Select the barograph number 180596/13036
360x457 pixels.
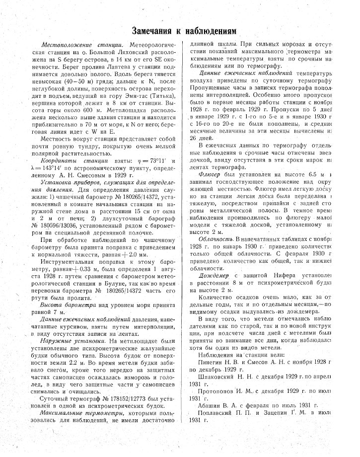coord(70,217)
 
